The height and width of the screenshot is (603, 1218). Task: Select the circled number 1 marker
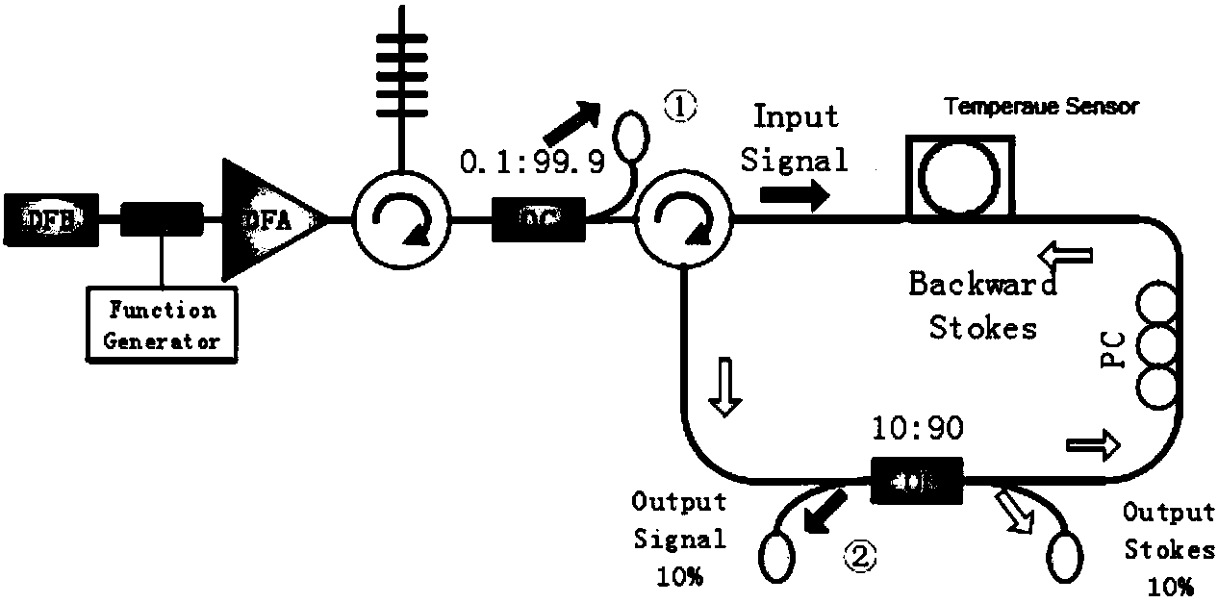tap(679, 107)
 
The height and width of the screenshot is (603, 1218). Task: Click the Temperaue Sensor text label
tap(1040, 107)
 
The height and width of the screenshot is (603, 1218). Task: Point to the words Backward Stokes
tap(982, 306)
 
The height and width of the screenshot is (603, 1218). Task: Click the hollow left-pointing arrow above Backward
tap(1065, 254)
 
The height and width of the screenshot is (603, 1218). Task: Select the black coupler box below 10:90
tap(916, 478)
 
